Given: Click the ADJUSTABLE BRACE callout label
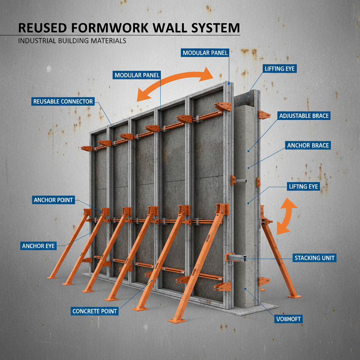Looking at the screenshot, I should (x=304, y=116).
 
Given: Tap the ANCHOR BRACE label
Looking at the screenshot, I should (x=308, y=145).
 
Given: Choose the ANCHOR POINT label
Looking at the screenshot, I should (x=53, y=200).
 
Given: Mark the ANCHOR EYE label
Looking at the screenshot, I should (x=38, y=246).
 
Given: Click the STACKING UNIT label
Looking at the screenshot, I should (x=314, y=258).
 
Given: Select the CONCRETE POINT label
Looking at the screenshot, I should (x=94, y=311).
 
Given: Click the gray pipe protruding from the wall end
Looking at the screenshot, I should (x=242, y=181).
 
